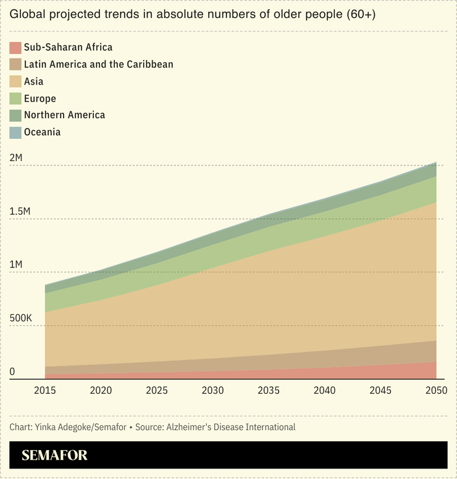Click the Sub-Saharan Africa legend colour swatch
coord(15,48)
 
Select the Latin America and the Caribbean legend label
coord(98,64)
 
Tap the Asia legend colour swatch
coord(15,81)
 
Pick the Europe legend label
coord(40,98)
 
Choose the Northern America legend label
coord(64,115)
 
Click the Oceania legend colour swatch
coord(15,132)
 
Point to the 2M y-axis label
coord(16,158)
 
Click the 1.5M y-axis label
coord(20,212)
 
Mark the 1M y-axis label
coord(16,265)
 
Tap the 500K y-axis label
coord(20,319)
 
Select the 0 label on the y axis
coord(12,372)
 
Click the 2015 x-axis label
coord(45,390)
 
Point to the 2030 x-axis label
coord(212,390)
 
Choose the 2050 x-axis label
coord(436,390)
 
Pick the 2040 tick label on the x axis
coord(324,390)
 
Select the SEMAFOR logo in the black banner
coord(54,456)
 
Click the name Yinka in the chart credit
coord(47,427)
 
